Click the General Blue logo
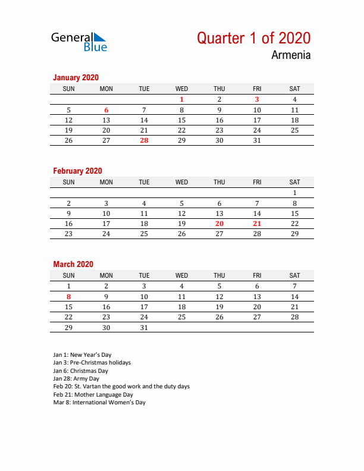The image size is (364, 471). point(79,41)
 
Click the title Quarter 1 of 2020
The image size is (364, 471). point(253,38)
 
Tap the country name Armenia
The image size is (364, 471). point(291,55)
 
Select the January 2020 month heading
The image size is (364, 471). point(76,77)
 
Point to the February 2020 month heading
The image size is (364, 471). point(77,171)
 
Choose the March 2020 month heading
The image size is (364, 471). point(73,264)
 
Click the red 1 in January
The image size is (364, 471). point(181,100)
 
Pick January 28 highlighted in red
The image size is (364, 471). point(144,140)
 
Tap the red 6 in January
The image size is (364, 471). point(106,110)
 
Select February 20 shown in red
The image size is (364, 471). point(219,224)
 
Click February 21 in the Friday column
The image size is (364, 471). point(257,224)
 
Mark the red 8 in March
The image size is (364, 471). point(68,297)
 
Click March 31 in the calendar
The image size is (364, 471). point(144,327)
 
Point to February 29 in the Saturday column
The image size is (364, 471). point(294,234)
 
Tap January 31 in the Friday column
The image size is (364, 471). point(257,140)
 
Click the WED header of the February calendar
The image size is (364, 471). point(181,182)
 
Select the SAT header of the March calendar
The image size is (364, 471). point(294,275)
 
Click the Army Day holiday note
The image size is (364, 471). point(76,378)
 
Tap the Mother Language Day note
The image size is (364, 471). point(93,394)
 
